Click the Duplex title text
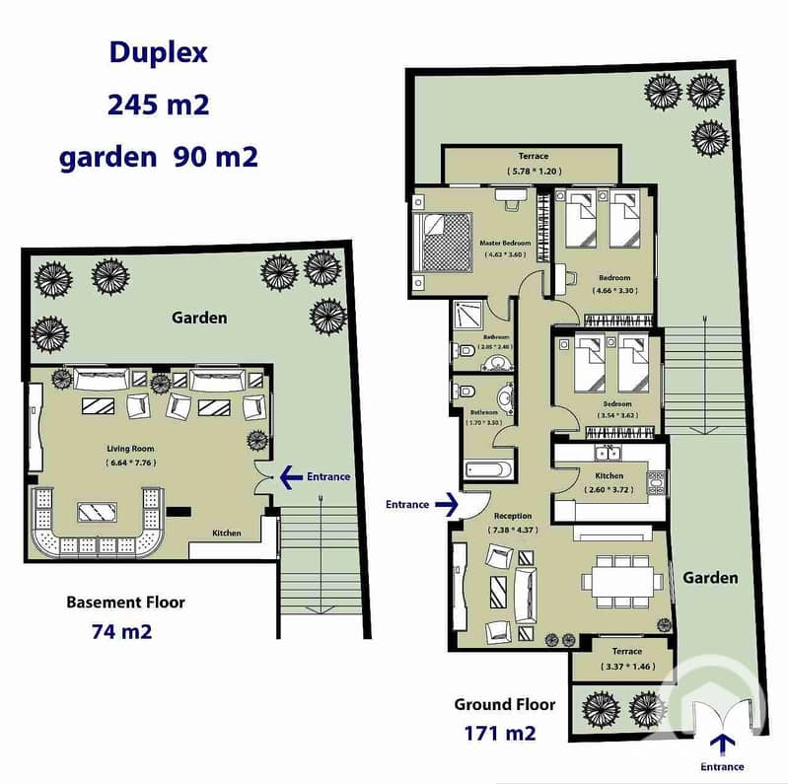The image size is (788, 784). point(159,53)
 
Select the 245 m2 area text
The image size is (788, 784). point(159,105)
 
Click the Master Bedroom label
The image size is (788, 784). point(505,243)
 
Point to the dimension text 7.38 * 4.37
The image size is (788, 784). point(513,531)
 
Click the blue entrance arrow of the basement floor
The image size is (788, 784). point(292,477)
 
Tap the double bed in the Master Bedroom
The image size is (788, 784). point(442,241)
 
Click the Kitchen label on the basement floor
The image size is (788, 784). point(227,534)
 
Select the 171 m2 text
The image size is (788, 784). point(499,733)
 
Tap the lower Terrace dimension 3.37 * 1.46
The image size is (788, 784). point(626,667)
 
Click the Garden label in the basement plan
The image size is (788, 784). point(199,318)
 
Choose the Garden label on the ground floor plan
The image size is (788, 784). point(710,578)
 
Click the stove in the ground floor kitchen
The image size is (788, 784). point(656,482)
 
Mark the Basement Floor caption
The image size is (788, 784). point(125,602)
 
